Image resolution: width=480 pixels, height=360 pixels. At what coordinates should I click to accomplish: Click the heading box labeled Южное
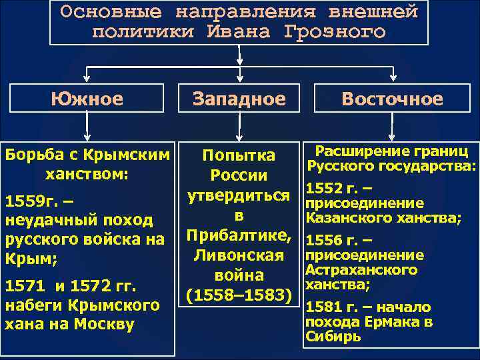point(87,99)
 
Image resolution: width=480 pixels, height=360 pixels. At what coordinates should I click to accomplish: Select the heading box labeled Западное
point(239,99)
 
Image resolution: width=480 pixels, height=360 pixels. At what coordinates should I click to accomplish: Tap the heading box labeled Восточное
point(392,99)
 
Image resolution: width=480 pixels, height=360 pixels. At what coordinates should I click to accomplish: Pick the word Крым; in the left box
point(27,257)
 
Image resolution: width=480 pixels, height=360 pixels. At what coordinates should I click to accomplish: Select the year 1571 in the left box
point(25,287)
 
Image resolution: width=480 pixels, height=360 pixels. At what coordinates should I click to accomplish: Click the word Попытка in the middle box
point(239,155)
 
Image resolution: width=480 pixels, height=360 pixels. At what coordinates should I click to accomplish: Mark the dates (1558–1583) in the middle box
point(239,294)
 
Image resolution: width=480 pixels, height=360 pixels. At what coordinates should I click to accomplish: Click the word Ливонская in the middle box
point(239,255)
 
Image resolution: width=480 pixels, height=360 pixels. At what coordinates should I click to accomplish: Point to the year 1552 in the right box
point(321,189)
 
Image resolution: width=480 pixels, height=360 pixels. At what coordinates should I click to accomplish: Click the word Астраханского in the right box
point(361,270)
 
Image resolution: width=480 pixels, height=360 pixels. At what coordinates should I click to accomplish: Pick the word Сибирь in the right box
point(333,337)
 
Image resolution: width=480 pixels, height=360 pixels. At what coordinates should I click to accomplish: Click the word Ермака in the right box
point(386,322)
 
